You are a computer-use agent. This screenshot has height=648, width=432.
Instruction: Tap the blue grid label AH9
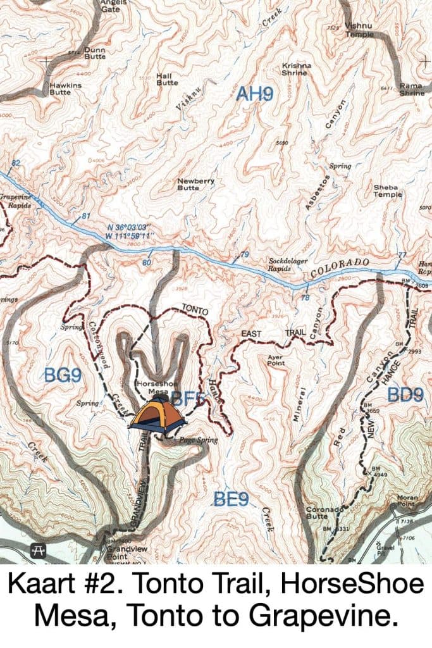(254, 95)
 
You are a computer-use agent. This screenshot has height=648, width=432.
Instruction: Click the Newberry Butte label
(195, 184)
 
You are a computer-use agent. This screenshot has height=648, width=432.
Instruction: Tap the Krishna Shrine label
(294, 69)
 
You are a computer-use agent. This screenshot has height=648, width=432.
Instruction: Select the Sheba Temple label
(387, 191)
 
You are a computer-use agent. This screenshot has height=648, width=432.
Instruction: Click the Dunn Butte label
(95, 53)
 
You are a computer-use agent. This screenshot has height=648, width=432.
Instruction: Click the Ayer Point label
(272, 360)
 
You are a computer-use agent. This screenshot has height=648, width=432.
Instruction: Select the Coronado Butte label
(324, 512)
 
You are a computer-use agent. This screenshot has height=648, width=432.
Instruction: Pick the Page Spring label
(198, 439)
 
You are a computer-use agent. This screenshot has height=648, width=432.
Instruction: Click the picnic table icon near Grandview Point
(38, 551)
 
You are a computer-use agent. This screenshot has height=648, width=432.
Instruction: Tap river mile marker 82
(16, 163)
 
